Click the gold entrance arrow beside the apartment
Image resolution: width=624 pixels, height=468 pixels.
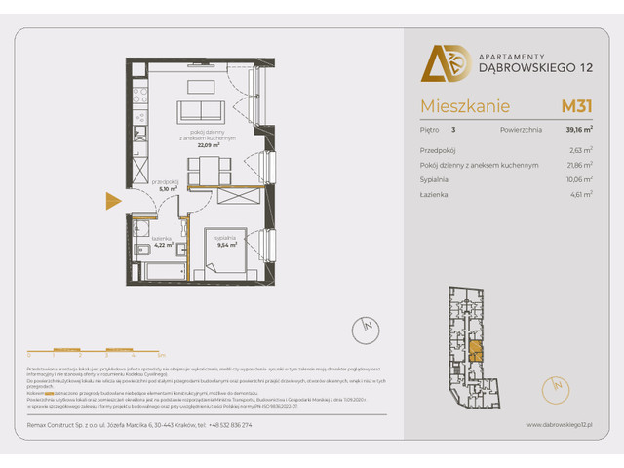(112, 201)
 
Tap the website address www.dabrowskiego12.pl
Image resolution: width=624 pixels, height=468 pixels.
(561, 425)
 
